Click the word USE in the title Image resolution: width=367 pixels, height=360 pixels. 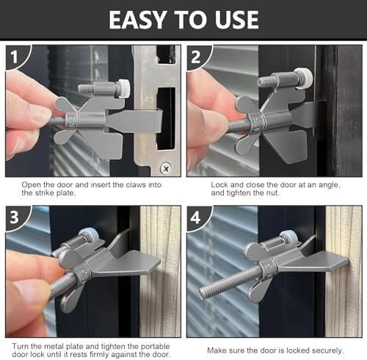[237, 20]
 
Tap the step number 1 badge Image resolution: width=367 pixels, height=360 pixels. [15, 57]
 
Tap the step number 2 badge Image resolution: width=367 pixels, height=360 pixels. [196, 57]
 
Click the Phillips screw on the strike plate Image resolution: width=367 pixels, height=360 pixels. [166, 168]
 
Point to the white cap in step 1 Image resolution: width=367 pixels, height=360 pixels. [123, 88]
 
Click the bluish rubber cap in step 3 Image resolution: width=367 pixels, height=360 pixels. [90, 235]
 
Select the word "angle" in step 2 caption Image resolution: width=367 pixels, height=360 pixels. [328, 185]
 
